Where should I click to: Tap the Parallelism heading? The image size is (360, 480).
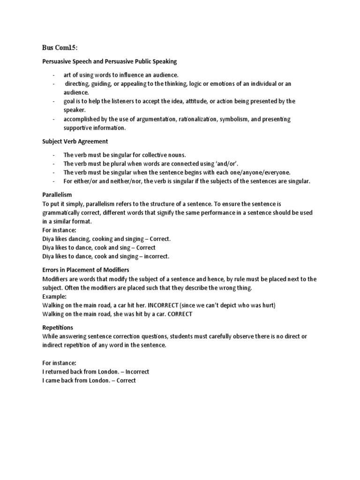point(57,194)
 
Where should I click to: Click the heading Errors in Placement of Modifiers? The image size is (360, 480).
point(86,270)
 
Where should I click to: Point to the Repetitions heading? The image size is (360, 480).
point(58,328)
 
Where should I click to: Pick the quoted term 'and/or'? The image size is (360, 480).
point(226,163)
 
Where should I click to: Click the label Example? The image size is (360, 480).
point(54,297)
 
